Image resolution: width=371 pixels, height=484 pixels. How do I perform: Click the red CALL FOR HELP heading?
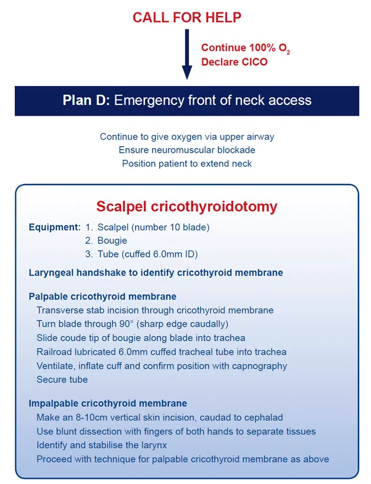point(187,17)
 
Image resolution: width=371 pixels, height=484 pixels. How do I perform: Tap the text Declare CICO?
point(234,61)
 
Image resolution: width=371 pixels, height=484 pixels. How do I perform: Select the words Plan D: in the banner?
point(86,100)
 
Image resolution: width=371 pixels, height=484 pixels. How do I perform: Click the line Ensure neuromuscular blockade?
point(187,150)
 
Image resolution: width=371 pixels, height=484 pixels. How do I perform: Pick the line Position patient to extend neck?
point(187,163)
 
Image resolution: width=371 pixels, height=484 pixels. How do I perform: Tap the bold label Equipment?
point(54,227)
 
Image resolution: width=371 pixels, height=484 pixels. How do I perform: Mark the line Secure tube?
point(62,380)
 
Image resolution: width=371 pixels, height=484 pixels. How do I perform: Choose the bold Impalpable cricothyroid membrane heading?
point(108,403)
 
